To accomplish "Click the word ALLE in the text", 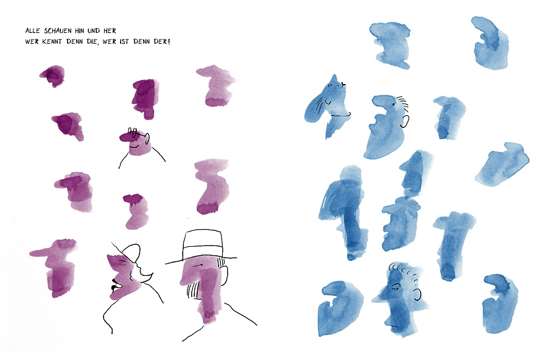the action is click(32, 30).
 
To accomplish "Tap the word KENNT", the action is click(52, 41).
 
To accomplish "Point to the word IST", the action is click(124, 41).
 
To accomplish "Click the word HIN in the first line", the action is click(80, 30).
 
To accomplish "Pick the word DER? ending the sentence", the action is click(162, 41).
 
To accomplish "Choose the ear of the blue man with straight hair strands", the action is click(405, 122).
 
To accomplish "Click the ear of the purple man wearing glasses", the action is click(148, 139).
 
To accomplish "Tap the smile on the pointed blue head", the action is click(328, 102).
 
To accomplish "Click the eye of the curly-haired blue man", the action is click(395, 287).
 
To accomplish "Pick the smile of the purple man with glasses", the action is click(134, 146).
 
